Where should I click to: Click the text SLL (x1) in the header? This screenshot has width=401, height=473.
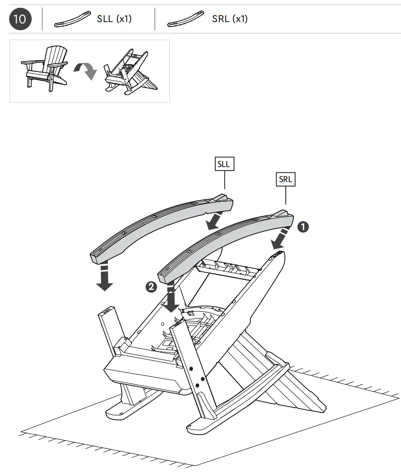pyautogui.click(x=114, y=19)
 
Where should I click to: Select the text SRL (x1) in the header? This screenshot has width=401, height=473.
pyautogui.click(x=229, y=19)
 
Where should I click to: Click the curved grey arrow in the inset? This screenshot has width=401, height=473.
pyautogui.click(x=86, y=70)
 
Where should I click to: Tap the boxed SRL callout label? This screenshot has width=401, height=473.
pyautogui.click(x=285, y=180)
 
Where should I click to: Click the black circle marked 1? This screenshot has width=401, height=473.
pyautogui.click(x=304, y=226)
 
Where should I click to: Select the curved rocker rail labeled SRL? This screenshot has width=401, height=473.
pyautogui.click(x=225, y=243)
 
